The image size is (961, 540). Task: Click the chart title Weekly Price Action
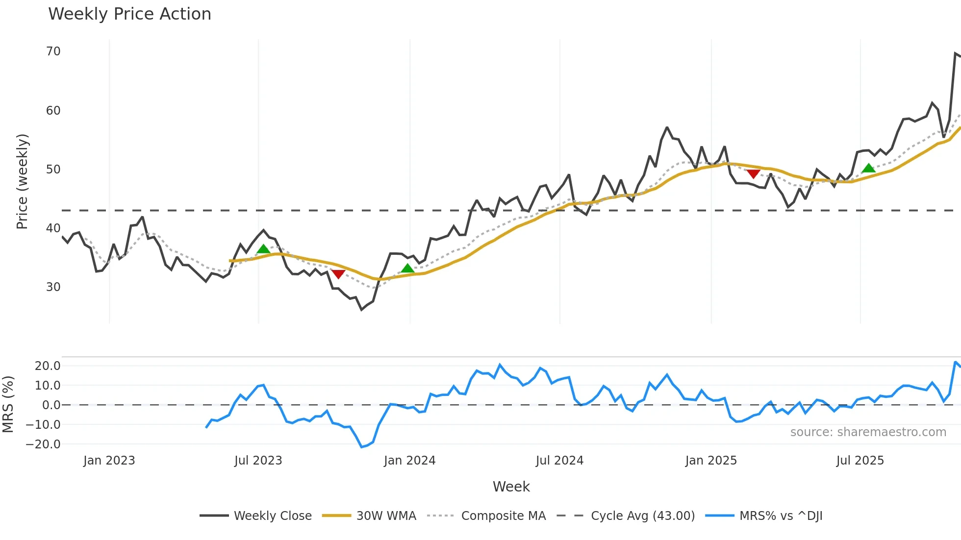[x=129, y=14]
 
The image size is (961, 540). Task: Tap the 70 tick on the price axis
[x=53, y=51]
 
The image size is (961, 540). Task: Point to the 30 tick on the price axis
[x=53, y=287]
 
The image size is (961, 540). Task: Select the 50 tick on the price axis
[x=53, y=170]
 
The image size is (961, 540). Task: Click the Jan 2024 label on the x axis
[x=409, y=461]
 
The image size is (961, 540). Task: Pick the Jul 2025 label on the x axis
[x=860, y=461]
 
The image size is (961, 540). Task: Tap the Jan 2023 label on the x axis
[x=109, y=461]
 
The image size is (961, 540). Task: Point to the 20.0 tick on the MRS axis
[x=48, y=366]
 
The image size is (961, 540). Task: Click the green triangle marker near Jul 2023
[x=263, y=249]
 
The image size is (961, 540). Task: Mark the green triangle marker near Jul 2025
[x=868, y=168]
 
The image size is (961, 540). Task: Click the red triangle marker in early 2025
[x=753, y=174]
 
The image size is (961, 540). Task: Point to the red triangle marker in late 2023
[x=338, y=274]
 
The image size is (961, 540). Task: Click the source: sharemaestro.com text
[x=868, y=432]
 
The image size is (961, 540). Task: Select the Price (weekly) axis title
[x=23, y=181]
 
